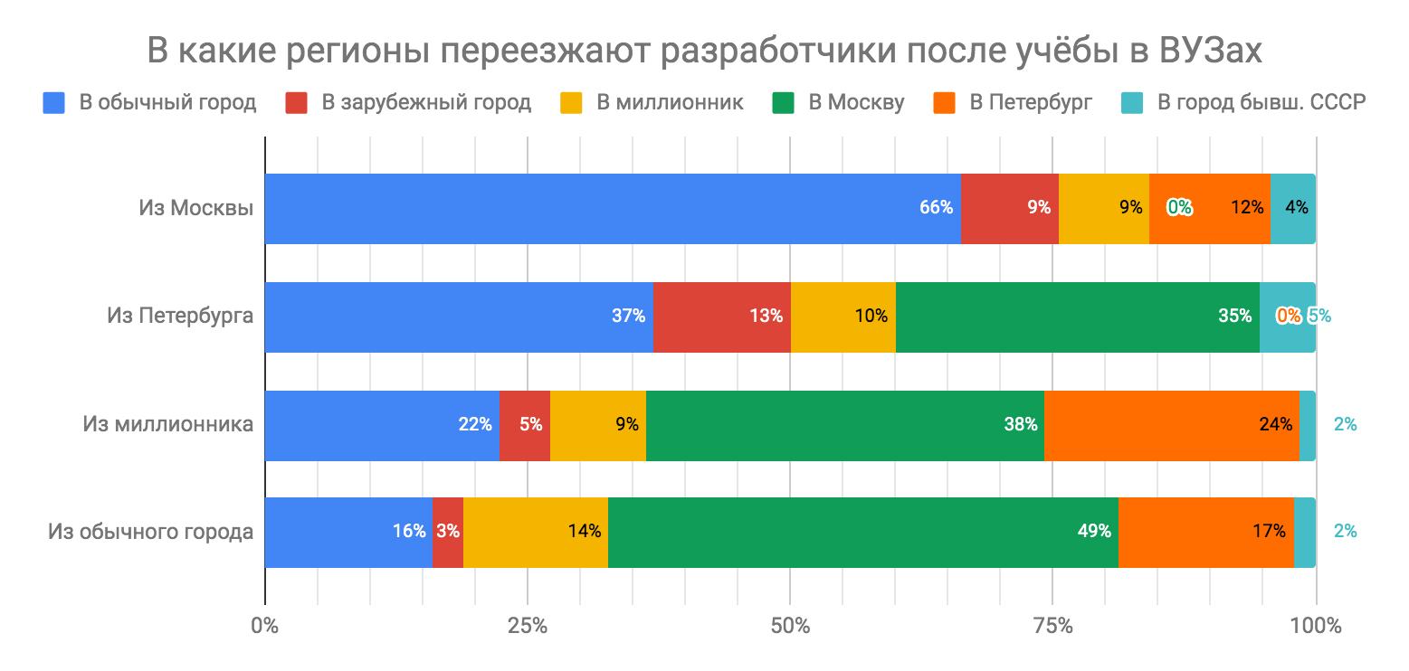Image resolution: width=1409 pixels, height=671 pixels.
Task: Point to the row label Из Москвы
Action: coord(195,208)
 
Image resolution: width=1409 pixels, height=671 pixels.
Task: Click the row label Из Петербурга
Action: coord(180,317)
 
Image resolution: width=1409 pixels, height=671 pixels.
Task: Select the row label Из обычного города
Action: coord(150,532)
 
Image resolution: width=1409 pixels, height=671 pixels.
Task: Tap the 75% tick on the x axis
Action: coord(1052,625)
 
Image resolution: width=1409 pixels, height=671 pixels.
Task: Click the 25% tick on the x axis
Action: coord(527,625)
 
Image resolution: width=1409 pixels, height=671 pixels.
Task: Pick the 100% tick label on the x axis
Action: coord(1316,625)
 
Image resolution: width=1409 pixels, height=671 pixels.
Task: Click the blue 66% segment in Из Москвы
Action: coord(612,208)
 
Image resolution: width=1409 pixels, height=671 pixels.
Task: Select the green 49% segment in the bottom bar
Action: coord(862,532)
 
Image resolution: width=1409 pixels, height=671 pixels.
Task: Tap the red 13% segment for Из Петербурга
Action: coord(721,317)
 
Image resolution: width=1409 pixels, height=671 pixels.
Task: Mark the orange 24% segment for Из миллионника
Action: coord(1171,425)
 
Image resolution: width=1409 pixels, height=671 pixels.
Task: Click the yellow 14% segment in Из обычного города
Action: coord(535,532)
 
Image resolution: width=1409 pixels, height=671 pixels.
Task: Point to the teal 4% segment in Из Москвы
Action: coord(1292,208)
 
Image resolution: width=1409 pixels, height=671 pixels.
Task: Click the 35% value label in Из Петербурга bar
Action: coord(1234,317)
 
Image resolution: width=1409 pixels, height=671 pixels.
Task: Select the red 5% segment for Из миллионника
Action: coord(524,425)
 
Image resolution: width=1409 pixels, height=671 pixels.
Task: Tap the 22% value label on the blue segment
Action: coord(474,424)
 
